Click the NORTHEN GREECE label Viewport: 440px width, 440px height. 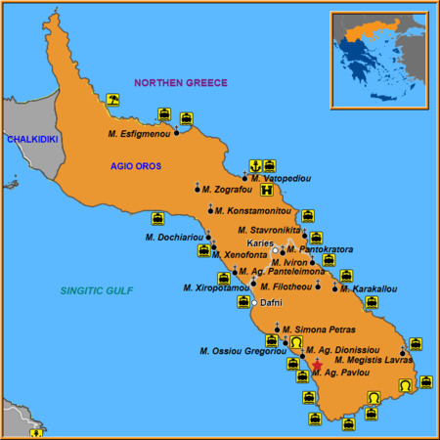click(x=181, y=83)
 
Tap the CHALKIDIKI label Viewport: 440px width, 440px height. click(x=31, y=140)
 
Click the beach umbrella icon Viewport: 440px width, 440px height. click(x=113, y=99)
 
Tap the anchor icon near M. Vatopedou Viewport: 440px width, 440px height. click(x=254, y=165)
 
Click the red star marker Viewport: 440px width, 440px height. click(x=315, y=366)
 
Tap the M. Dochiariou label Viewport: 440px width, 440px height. click(x=175, y=237)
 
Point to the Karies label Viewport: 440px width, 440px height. click(x=259, y=242)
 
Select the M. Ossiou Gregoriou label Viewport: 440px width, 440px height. click(x=240, y=351)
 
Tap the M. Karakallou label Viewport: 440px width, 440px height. click(x=373, y=288)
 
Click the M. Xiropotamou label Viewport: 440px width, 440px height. click(x=215, y=287)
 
